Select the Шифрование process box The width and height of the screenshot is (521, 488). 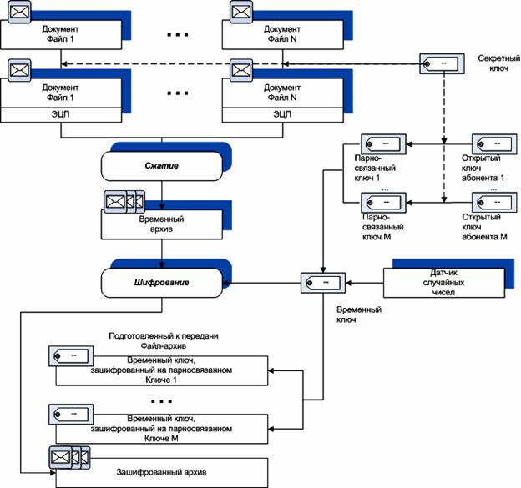164,282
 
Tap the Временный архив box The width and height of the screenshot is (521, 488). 162,224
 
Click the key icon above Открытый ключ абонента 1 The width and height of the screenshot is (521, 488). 492,144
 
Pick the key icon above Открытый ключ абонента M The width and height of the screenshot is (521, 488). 492,202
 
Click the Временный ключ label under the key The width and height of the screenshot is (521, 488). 359,314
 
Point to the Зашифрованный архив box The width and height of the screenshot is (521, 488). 162,473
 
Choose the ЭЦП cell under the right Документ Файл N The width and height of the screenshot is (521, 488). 281,113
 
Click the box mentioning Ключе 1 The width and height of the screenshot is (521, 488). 162,370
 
